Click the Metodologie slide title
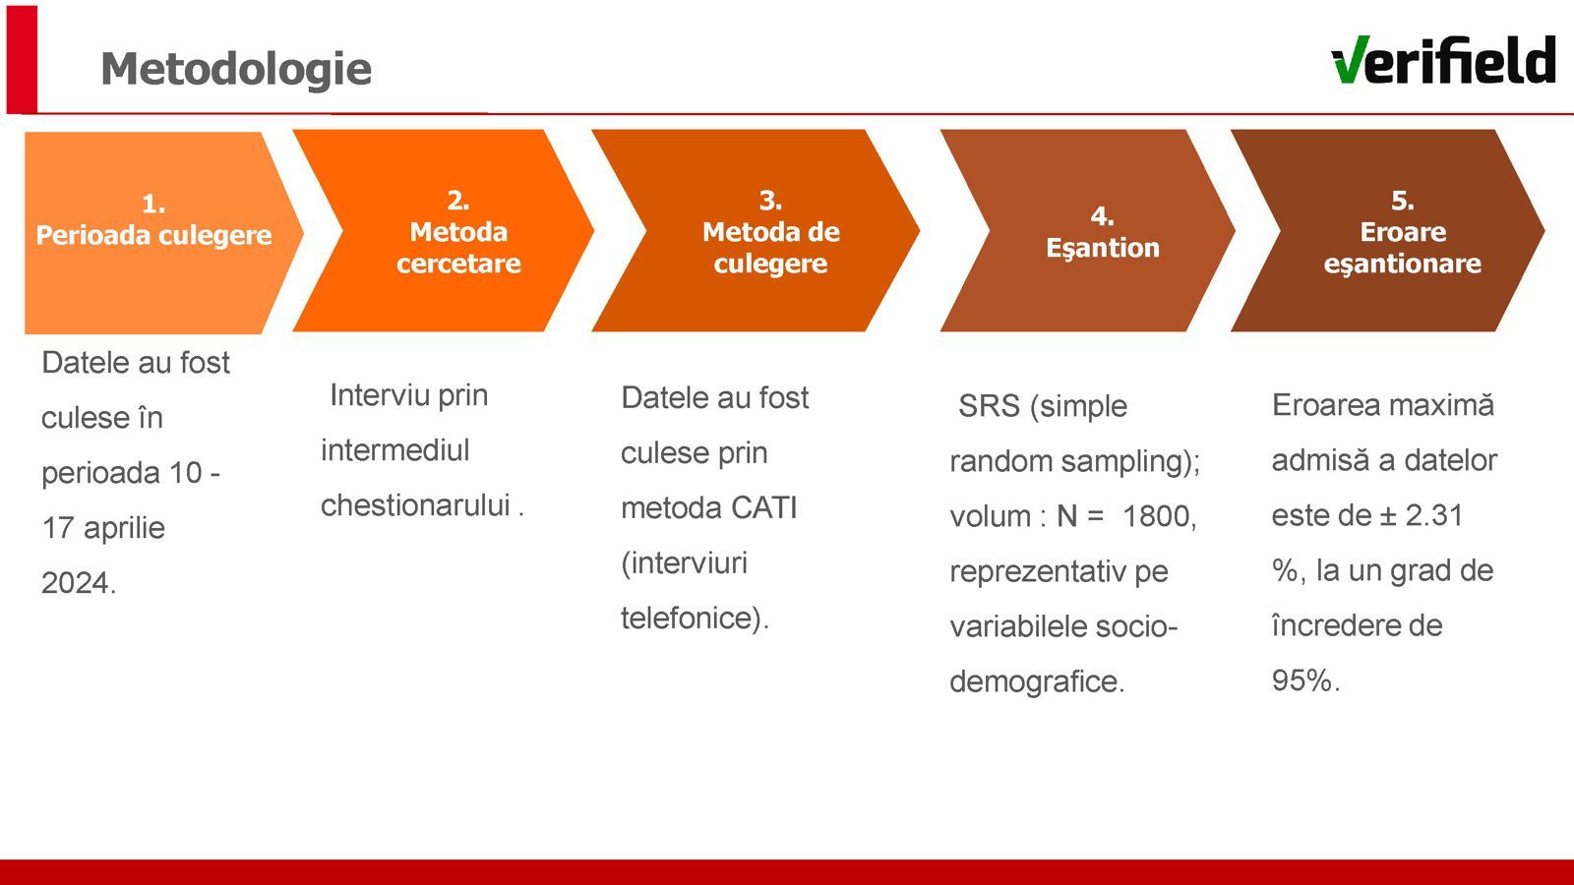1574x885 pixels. [x=236, y=69]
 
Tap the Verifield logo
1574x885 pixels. [x=1443, y=60]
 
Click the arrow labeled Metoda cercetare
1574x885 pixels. [x=444, y=230]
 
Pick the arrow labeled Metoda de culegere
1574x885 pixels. [x=756, y=230]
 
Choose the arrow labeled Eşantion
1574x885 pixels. [x=1088, y=230]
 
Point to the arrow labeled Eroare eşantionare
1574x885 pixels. [x=1388, y=230]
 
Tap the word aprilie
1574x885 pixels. [x=124, y=528]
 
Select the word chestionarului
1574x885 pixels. [x=415, y=505]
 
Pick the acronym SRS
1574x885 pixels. [x=989, y=406]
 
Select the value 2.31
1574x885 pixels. [x=1434, y=515]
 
